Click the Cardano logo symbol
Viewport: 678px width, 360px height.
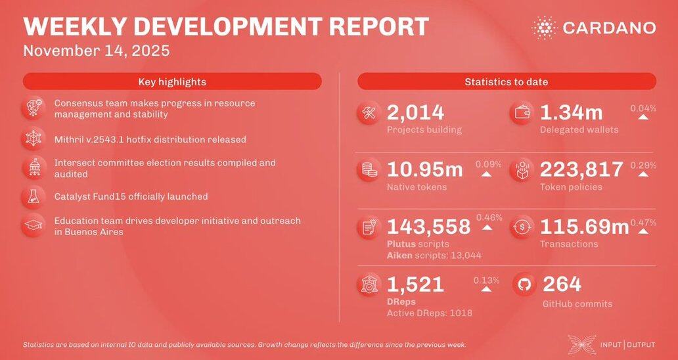[544, 28]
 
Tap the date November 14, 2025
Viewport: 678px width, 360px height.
[97, 51]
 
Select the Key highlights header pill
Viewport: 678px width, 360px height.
[172, 81]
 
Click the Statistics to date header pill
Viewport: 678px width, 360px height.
[507, 81]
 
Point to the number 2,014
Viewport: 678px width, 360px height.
[415, 113]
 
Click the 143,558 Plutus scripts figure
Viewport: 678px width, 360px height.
[428, 227]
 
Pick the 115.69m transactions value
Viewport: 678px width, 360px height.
[584, 227]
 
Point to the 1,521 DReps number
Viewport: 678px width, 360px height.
[415, 284]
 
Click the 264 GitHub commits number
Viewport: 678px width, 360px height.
[562, 284]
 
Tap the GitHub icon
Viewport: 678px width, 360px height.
[524, 285]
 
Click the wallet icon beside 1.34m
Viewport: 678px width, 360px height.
[524, 114]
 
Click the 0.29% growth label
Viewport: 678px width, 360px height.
[643, 165]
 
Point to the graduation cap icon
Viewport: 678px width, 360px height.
[32, 225]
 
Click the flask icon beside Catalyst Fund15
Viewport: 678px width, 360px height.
[32, 196]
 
